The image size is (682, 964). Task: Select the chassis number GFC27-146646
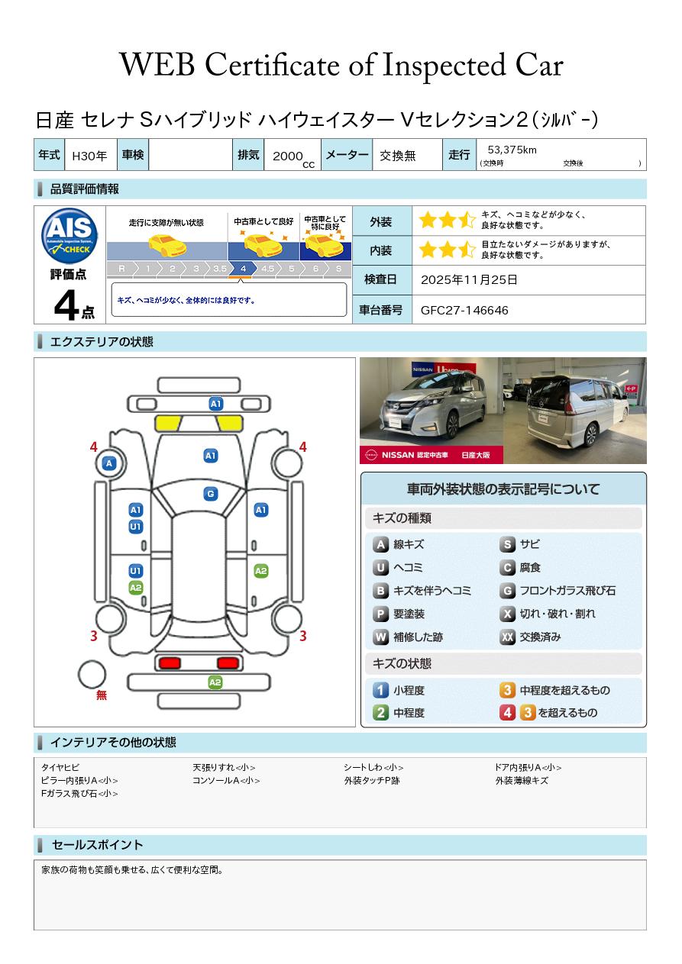click(464, 310)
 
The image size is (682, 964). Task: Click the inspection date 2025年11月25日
click(469, 280)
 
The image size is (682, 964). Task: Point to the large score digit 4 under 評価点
click(67, 306)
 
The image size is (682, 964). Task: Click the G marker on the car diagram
click(211, 494)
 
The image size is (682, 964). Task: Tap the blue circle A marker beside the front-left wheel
click(109, 463)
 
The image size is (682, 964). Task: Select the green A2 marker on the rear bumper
click(215, 682)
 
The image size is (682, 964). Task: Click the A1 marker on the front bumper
click(216, 403)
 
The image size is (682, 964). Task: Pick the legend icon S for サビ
click(507, 545)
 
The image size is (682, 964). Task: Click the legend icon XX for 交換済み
click(507, 637)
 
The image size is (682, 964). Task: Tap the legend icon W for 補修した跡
click(380, 637)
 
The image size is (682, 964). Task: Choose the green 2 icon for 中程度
click(380, 713)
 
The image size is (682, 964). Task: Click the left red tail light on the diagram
click(167, 663)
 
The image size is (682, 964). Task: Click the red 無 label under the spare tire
click(101, 695)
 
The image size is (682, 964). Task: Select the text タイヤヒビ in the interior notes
click(60, 768)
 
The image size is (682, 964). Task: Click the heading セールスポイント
click(97, 845)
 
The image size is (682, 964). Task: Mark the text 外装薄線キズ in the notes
click(522, 781)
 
